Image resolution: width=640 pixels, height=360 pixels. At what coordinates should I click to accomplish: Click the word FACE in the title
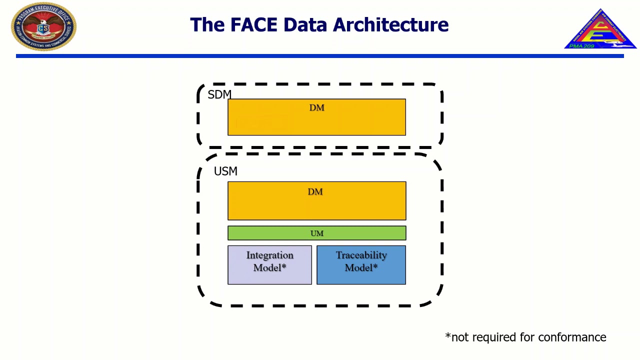254,24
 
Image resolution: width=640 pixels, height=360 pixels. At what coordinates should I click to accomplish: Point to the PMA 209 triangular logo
600,30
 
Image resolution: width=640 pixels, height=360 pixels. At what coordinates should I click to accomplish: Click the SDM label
219,94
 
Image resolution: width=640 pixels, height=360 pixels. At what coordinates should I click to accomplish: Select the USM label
225,171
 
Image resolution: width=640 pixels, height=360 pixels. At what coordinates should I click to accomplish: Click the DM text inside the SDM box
316,107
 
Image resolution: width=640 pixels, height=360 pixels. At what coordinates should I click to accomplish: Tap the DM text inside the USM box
315,191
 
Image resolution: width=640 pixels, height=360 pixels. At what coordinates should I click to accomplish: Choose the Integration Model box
269,265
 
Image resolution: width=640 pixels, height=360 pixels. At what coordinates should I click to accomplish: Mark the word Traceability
361,255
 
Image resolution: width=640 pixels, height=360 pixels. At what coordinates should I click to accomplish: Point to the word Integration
269,255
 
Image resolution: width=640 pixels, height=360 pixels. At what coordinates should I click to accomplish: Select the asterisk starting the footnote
447,334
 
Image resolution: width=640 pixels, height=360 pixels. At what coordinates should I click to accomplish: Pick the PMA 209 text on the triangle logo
582,46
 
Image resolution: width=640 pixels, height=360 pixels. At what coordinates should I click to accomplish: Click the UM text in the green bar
317,233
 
